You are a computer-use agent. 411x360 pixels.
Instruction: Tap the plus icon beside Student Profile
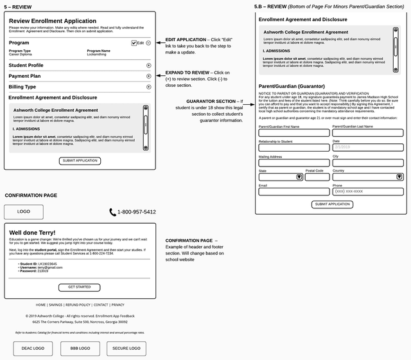149,66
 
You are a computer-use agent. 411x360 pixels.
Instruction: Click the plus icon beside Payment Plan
149,76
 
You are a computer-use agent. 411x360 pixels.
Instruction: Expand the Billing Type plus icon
149,87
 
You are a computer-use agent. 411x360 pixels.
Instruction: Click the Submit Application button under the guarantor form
332,204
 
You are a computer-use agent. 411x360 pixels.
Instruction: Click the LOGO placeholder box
24,212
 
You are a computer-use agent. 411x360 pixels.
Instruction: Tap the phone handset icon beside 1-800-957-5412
113,212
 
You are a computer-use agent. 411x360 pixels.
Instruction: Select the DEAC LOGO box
33,348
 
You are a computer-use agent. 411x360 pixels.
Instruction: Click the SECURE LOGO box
126,348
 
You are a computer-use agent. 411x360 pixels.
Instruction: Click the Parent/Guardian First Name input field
293,133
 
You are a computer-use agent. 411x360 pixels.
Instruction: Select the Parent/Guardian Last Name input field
368,133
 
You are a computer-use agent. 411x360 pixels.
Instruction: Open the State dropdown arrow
299,177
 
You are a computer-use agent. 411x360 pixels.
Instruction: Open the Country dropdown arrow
398,177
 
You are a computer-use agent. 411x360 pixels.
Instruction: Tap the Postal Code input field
317,177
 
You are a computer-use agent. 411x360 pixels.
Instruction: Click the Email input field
293,192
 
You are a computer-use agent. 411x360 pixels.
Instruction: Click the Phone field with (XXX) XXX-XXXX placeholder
368,192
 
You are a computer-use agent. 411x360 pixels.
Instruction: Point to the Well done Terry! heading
32,232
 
